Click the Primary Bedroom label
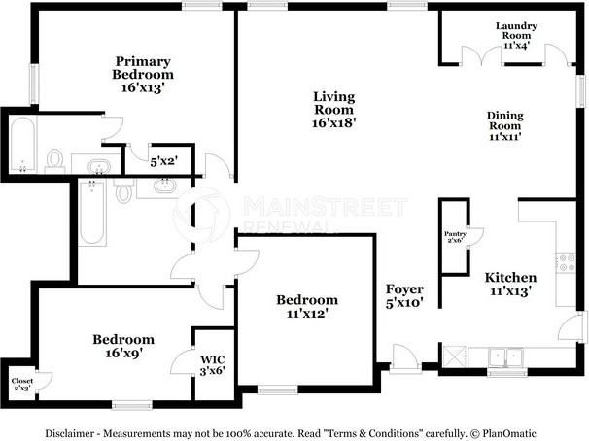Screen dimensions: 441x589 143,74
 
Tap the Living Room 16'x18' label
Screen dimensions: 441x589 334,110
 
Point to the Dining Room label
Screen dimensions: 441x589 504,126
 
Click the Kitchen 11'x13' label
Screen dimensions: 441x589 510,284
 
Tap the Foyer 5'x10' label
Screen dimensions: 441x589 403,295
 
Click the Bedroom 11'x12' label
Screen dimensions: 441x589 306,307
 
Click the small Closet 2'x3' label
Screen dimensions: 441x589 21,384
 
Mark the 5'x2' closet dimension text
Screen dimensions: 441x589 163,160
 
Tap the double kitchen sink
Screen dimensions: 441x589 505,356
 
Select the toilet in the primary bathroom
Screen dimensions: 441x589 55,158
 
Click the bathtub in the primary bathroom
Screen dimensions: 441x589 22,143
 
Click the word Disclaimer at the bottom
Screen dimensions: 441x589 71,432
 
